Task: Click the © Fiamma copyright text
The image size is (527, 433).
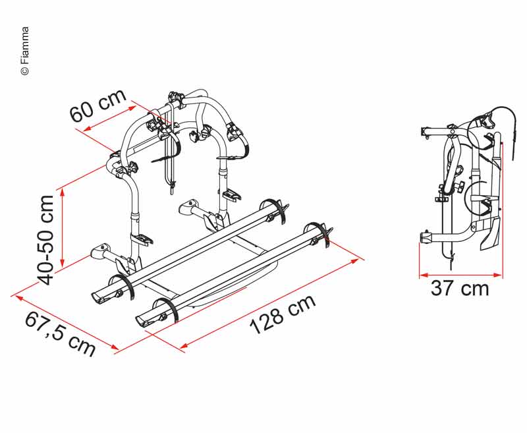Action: pos(25,51)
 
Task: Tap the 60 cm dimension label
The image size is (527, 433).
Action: pos(98,105)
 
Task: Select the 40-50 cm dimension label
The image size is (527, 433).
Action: pos(45,240)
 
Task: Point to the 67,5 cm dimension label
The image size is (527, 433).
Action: pos(60,333)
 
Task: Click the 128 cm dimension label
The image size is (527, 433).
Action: pos(283,314)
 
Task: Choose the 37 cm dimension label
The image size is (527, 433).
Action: pos(460,289)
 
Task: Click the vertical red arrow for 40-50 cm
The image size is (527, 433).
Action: pos(62,227)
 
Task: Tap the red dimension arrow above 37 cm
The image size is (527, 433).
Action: pos(460,275)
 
